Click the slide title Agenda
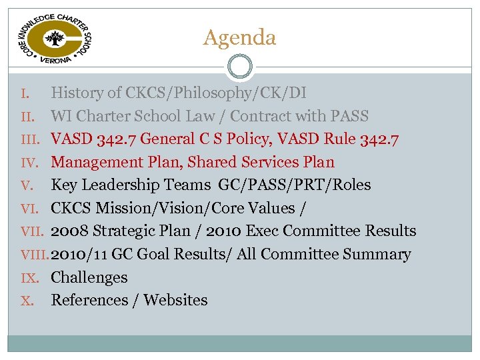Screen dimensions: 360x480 click(x=239, y=37)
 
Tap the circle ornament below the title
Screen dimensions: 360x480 click(x=239, y=67)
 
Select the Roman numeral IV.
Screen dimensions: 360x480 click(x=29, y=163)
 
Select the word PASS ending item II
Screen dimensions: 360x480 click(x=349, y=116)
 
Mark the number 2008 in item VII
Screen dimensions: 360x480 click(x=71, y=231)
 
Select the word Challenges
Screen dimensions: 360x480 click(x=89, y=277)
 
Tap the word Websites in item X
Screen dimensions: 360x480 click(x=175, y=301)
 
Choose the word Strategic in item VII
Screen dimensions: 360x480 click(x=130, y=231)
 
